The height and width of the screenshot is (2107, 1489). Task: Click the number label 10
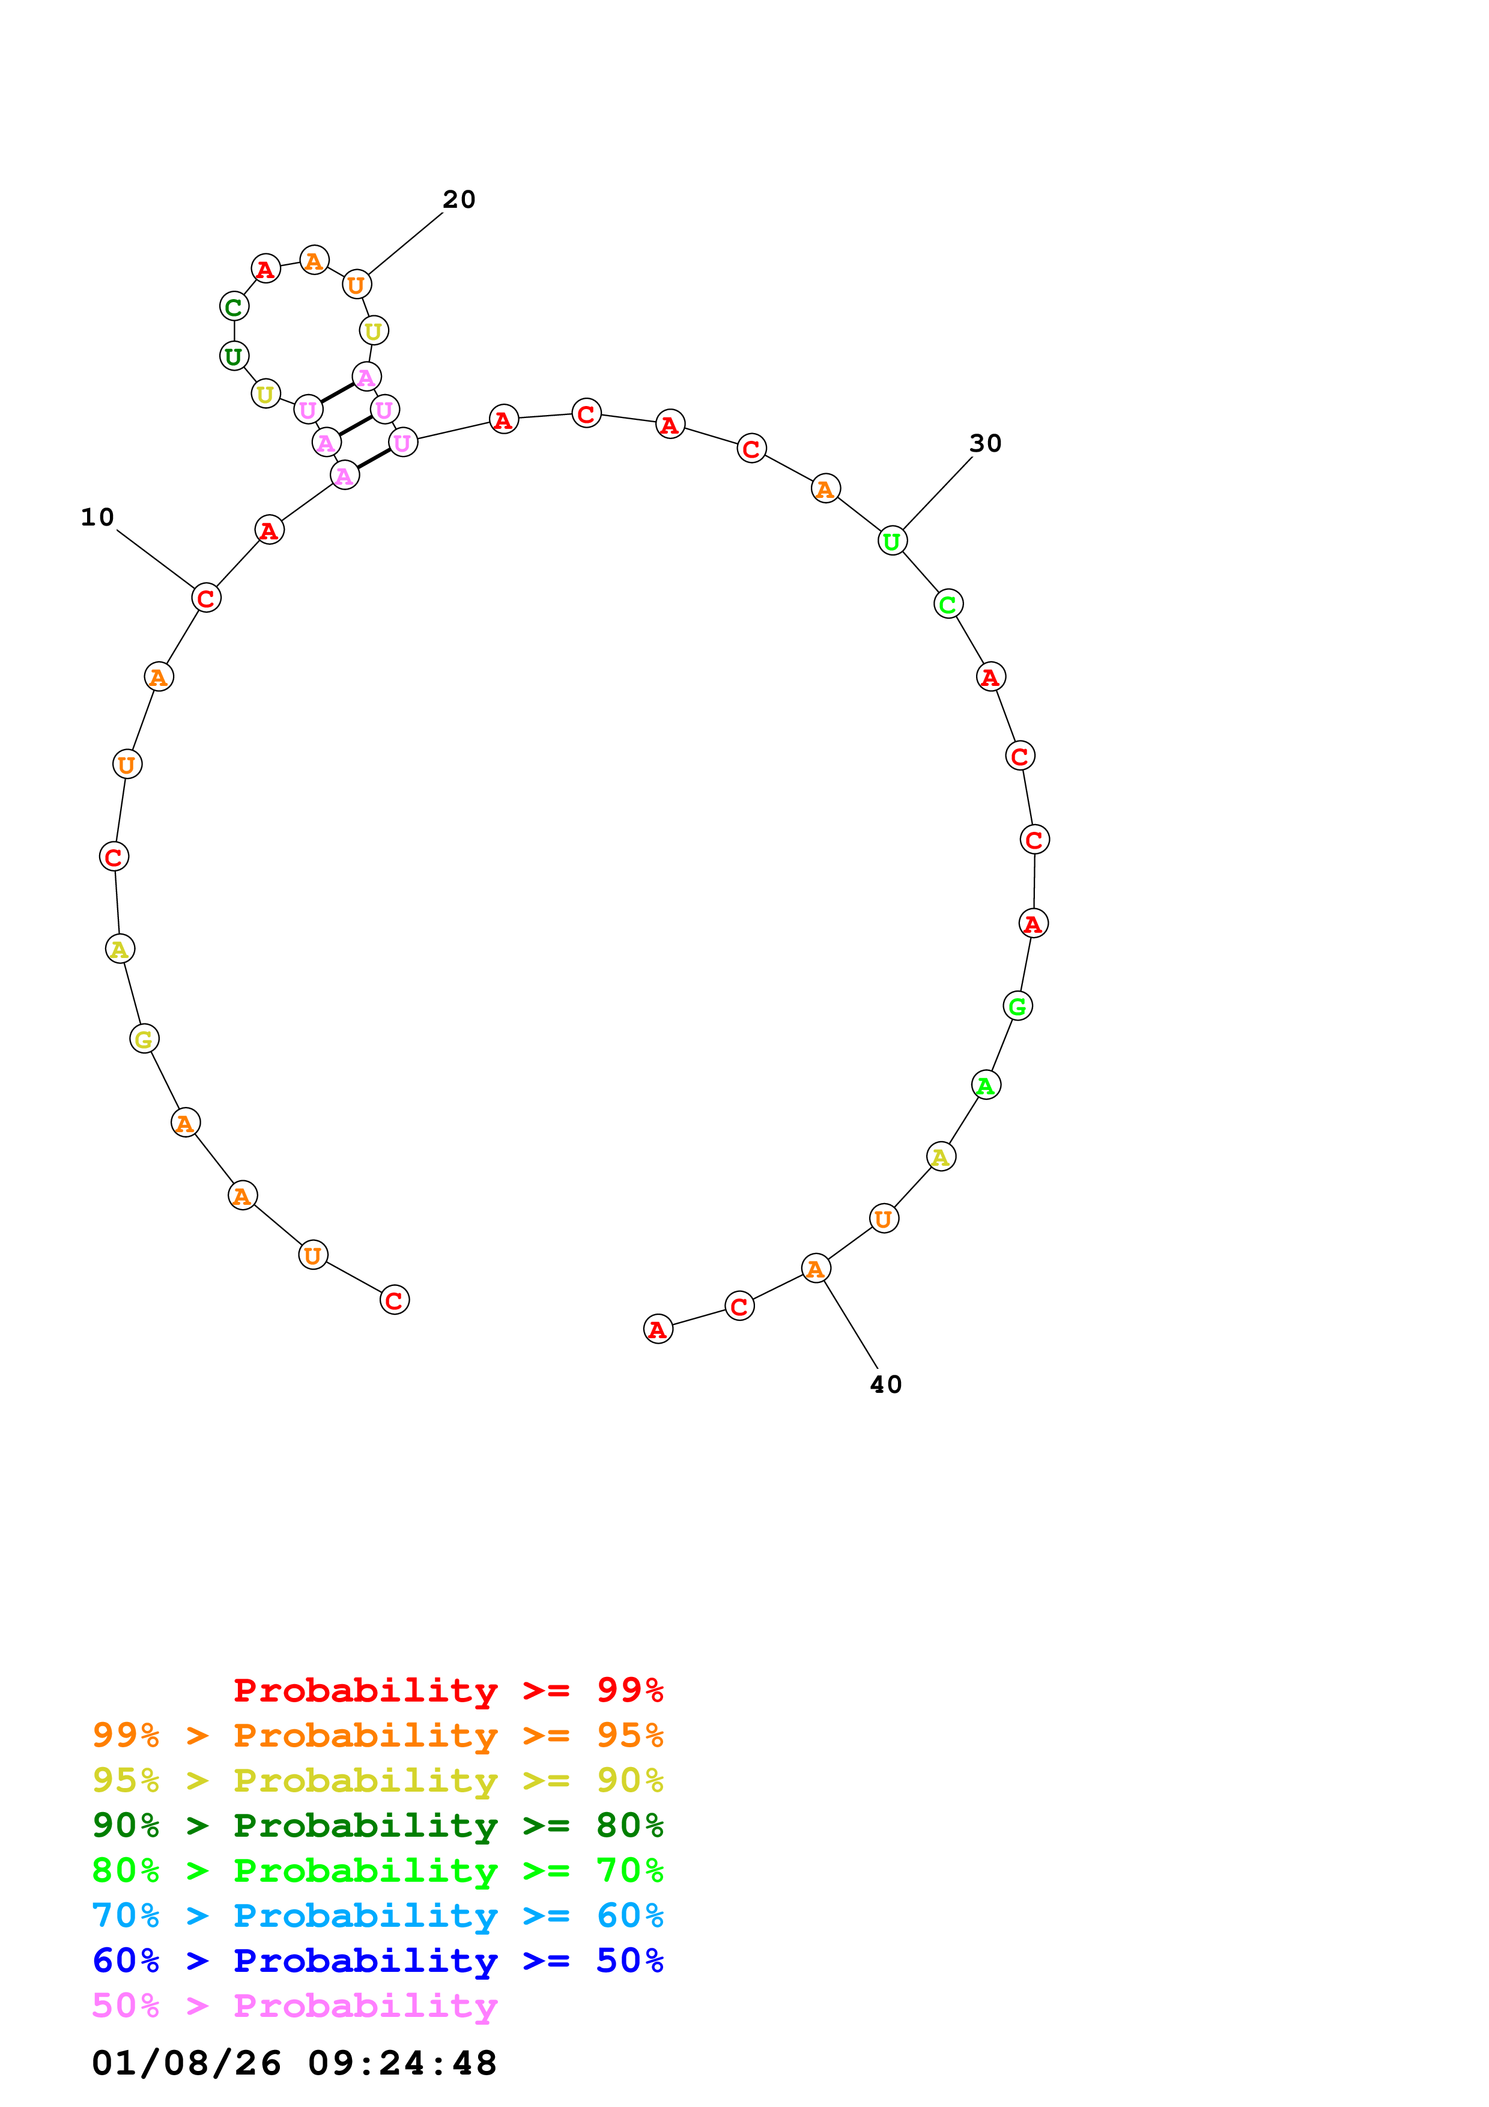97,518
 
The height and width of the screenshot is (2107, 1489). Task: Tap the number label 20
459,200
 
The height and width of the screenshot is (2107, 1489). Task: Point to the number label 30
985,444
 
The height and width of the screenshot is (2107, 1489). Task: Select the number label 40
885,1385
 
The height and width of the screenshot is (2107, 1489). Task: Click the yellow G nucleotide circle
144,1039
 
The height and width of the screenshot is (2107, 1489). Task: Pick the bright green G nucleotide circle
1017,1006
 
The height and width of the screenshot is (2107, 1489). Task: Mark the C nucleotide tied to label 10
207,598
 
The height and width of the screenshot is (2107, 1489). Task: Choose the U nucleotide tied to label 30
892,541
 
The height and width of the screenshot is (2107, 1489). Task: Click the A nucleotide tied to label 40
816,1269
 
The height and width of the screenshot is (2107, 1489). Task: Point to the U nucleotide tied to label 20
356,285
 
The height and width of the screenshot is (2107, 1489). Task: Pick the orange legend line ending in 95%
378,1735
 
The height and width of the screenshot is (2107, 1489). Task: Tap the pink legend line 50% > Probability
294,2006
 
